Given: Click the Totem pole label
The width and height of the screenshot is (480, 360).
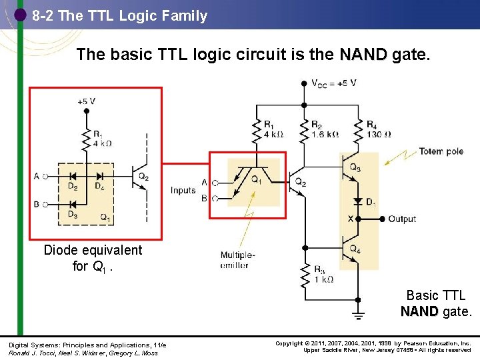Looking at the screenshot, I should coord(441,151).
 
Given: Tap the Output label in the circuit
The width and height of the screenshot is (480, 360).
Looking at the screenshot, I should coord(402,219).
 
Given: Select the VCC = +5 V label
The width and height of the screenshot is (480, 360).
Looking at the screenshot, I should coord(333,83).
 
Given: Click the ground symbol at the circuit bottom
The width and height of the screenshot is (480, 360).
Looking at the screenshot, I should coord(359,312).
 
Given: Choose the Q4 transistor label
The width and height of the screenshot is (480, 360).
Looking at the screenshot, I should coord(355,249).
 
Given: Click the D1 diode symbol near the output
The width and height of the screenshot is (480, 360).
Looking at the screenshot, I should coord(359,201).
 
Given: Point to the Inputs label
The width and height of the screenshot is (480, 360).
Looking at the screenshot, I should coord(183,191).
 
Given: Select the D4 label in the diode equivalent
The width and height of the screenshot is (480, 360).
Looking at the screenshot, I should coord(99,187).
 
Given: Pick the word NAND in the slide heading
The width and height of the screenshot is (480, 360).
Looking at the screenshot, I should coord(363,54).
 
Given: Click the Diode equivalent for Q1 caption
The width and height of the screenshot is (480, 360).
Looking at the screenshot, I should coord(93,258).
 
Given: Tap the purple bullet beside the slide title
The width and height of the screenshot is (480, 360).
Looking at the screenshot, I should coord(20,15).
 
